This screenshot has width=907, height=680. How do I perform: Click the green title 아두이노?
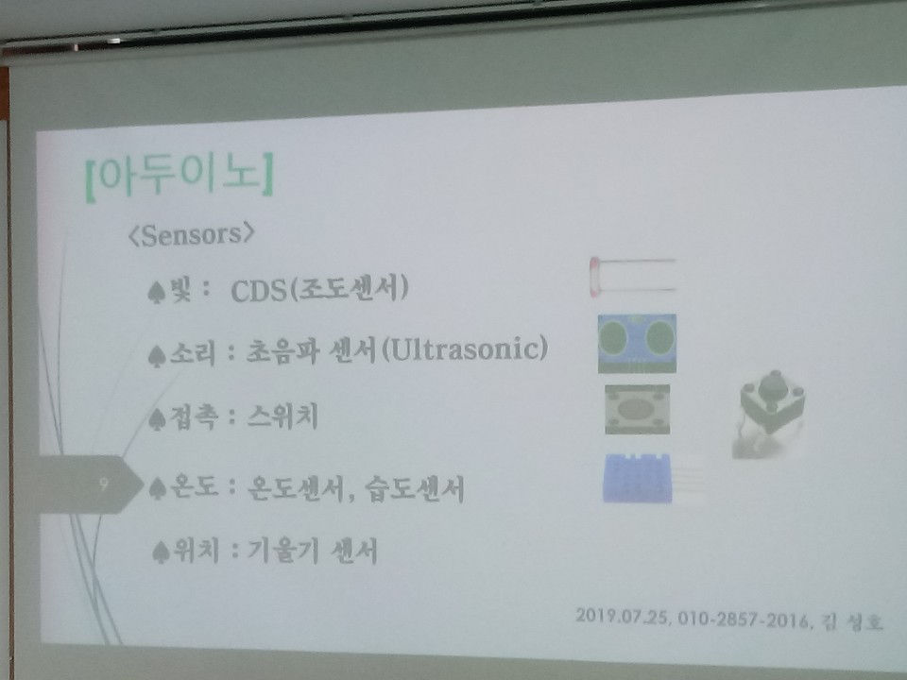[180, 175]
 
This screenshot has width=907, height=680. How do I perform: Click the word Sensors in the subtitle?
[191, 235]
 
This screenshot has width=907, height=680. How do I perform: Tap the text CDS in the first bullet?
[259, 290]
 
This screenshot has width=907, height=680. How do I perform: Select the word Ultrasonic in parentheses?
[466, 348]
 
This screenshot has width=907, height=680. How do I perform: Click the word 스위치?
[282, 416]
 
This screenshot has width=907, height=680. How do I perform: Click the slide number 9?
[104, 484]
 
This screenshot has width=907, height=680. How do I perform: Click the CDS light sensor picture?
[632, 277]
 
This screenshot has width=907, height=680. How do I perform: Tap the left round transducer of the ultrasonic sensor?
[614, 338]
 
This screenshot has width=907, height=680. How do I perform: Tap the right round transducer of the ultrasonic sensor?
[659, 338]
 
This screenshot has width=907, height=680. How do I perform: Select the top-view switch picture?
[637, 409]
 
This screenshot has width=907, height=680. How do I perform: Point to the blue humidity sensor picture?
[638, 478]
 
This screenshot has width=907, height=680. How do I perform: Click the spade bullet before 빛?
[157, 292]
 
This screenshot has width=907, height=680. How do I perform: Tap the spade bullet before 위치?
[161, 552]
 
